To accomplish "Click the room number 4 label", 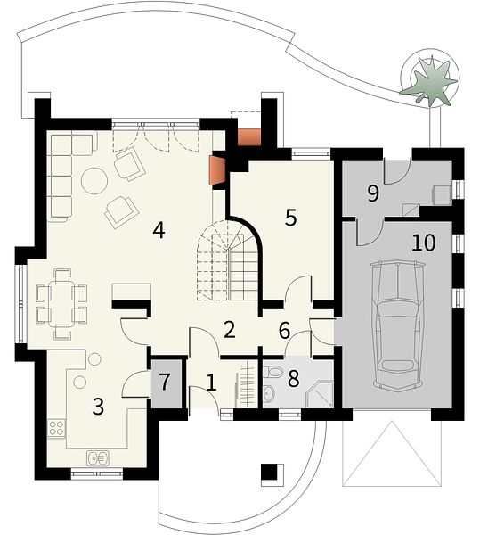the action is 159,230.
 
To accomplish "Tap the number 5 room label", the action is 290,218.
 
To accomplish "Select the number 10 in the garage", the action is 424,243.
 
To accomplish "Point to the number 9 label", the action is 373,193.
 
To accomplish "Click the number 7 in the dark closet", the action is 165,382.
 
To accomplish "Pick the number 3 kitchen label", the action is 98,407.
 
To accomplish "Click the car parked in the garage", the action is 398,325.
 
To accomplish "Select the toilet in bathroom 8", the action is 273,371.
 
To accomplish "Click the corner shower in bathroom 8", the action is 320,394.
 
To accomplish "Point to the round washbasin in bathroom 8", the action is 269,394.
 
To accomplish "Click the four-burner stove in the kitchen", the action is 56,428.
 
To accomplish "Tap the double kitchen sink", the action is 98,458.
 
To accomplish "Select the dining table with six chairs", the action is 61,304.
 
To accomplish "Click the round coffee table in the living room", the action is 94,181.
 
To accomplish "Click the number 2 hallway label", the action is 230,330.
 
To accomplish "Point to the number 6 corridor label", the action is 284,331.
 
